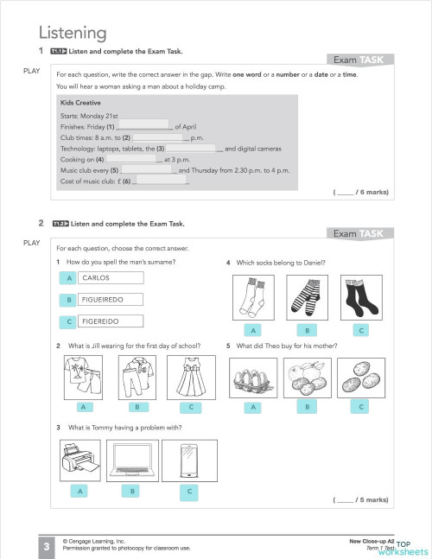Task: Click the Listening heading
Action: click(73, 34)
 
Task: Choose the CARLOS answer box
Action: click(110, 278)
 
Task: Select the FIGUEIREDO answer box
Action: click(110, 300)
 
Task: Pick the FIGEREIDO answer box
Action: click(110, 321)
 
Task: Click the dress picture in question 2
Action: click(185, 377)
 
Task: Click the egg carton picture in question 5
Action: click(253, 377)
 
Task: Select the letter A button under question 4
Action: click(253, 330)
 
